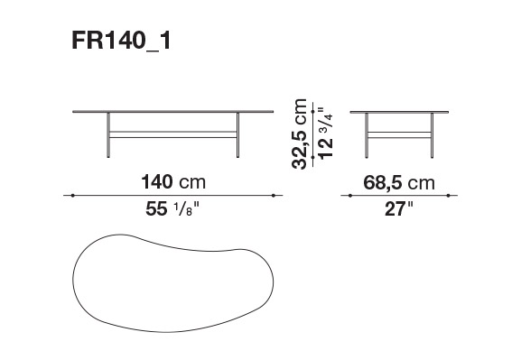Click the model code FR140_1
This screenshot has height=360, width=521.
pos(121,42)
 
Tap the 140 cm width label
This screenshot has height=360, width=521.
pos(173,182)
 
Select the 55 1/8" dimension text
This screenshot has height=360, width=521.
pos(172,209)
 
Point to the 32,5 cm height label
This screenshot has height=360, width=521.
pos(300,134)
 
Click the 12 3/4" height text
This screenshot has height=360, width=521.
pos(325,134)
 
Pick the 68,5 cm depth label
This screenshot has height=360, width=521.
pos(399,182)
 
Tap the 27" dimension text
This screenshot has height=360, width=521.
pos(398,209)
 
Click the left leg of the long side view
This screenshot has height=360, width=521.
pos(108,134)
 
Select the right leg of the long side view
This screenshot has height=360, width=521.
pos(237,134)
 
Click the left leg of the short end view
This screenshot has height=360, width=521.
pos(367,135)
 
